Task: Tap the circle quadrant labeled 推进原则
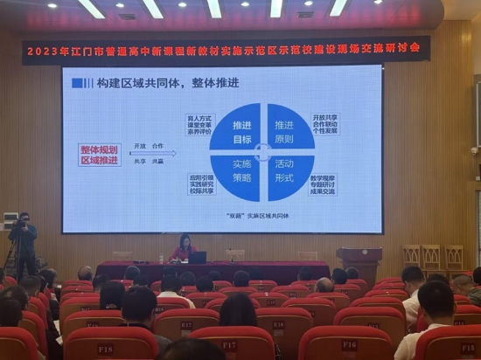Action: tap(282, 131)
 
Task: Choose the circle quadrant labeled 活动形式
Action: tap(283, 170)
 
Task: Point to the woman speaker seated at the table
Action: tap(184, 249)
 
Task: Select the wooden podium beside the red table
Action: tap(359, 264)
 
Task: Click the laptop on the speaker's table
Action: tap(199, 257)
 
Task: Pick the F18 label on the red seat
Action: tap(104, 350)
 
